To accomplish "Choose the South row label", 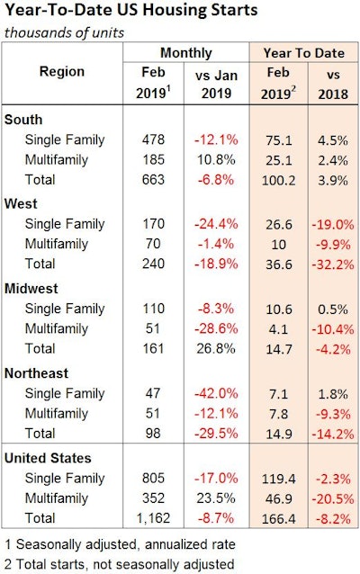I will [25, 120].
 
